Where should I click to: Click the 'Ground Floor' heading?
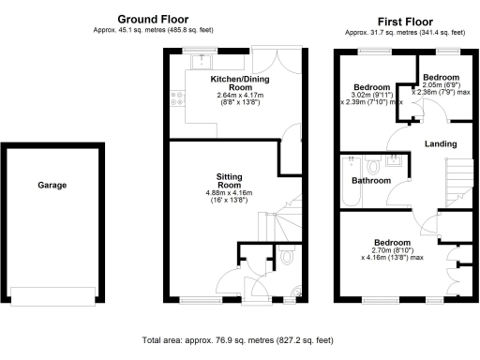click(152, 19)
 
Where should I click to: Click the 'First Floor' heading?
click(404, 20)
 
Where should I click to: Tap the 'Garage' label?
click(52, 186)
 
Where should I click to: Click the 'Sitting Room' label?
click(231, 180)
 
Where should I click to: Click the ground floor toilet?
click(286, 256)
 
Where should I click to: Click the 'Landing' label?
click(441, 144)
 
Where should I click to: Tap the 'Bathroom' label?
click(371, 180)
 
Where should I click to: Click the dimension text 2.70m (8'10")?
click(392, 247)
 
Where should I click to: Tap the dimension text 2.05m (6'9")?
click(441, 85)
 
